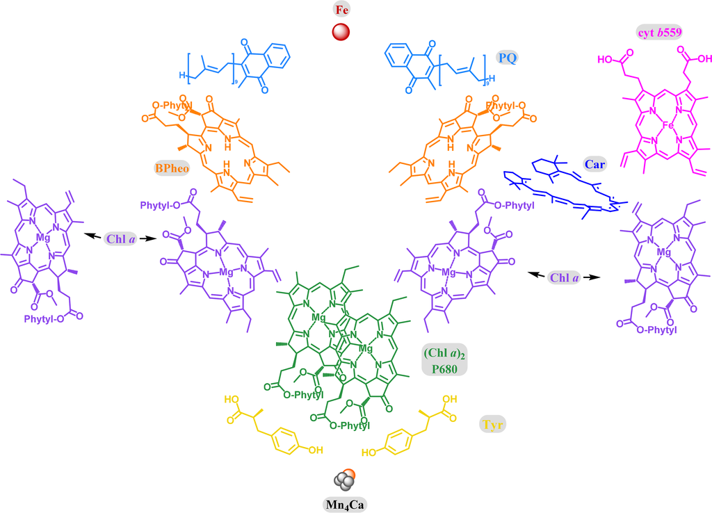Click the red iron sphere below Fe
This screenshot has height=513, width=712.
point(341,32)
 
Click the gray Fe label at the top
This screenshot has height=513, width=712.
point(341,10)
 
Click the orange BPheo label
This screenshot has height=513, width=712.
point(170,168)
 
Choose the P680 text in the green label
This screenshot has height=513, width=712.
point(444,369)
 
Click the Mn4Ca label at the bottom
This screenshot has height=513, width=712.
point(341,503)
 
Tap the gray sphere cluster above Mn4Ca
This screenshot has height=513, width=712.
point(343,480)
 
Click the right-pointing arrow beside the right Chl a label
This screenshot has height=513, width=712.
point(592,276)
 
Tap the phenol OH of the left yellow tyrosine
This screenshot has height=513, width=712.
point(315,450)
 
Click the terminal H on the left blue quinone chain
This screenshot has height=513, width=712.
point(181,75)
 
